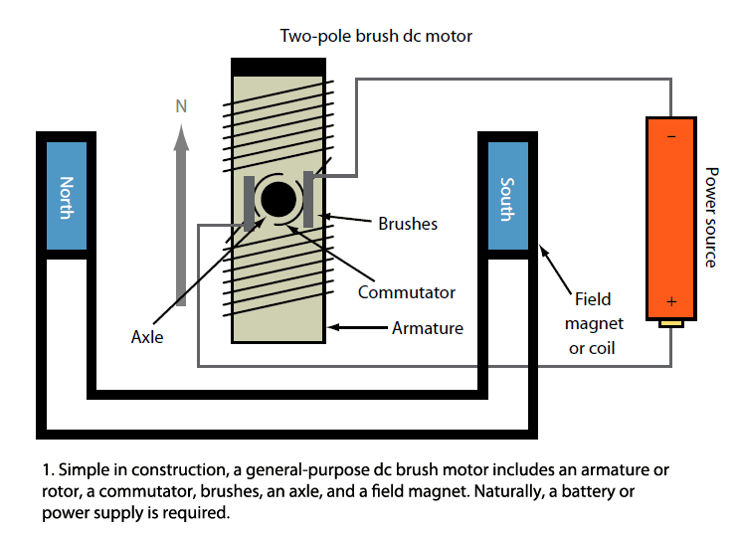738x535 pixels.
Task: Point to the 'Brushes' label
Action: pyautogui.click(x=408, y=224)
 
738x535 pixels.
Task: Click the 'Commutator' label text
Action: pyautogui.click(x=407, y=292)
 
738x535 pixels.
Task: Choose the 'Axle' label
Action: pyautogui.click(x=147, y=337)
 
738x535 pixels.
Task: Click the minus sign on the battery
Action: pyautogui.click(x=670, y=136)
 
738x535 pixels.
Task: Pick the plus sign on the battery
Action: pyautogui.click(x=672, y=301)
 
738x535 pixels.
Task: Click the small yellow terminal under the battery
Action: pyautogui.click(x=672, y=323)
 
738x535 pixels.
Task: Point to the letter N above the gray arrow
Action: pyautogui.click(x=181, y=105)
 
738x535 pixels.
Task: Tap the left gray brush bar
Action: pyautogui.click(x=248, y=203)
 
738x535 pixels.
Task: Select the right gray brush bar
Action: pyautogui.click(x=310, y=198)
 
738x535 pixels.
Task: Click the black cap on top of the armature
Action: pyautogui.click(x=278, y=67)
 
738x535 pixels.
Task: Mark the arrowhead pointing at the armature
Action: pyautogui.click(x=335, y=326)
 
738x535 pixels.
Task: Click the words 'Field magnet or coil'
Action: pyautogui.click(x=594, y=323)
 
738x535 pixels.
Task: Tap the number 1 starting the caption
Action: pyautogui.click(x=46, y=467)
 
